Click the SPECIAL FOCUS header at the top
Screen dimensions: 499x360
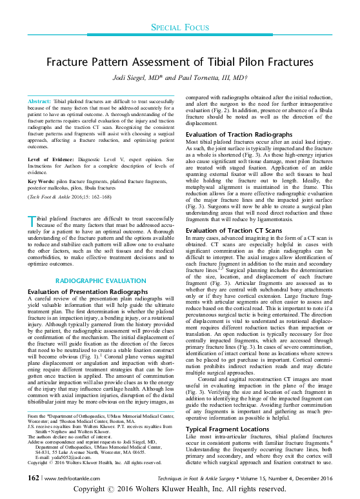[x=180, y=28]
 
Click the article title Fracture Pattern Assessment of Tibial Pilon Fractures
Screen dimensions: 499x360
[x=179, y=63]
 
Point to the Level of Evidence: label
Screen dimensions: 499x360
[x=53, y=159]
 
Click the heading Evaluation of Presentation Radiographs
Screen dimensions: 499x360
[x=81, y=292]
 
